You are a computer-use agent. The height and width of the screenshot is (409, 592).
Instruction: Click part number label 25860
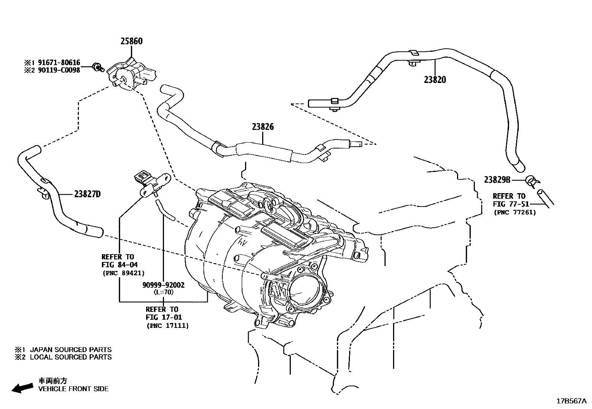pyautogui.click(x=131, y=41)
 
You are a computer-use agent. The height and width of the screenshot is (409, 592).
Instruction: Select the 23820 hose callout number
pyautogui.click(x=435, y=79)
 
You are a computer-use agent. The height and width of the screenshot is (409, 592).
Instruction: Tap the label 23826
pyautogui.click(x=263, y=127)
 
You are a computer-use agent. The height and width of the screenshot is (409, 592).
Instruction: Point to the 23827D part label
pyautogui.click(x=87, y=194)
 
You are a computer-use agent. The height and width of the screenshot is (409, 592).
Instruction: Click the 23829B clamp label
pyautogui.click(x=497, y=180)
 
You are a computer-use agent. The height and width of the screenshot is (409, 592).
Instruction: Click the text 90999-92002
pyautogui.click(x=163, y=285)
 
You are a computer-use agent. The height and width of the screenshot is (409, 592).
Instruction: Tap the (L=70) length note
pyautogui.click(x=163, y=292)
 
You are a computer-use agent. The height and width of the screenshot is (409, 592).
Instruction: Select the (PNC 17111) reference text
pyautogui.click(x=167, y=326)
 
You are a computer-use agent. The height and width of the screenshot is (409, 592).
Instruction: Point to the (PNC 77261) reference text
pyautogui.click(x=515, y=213)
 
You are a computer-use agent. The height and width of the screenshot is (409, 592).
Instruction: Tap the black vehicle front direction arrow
pyautogui.click(x=22, y=388)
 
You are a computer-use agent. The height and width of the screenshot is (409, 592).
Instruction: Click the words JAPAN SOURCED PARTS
pyautogui.click(x=71, y=349)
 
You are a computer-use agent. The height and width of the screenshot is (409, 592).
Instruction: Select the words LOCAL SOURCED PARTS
pyautogui.click(x=71, y=357)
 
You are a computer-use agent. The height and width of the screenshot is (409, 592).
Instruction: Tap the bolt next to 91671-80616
pyautogui.click(x=98, y=67)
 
